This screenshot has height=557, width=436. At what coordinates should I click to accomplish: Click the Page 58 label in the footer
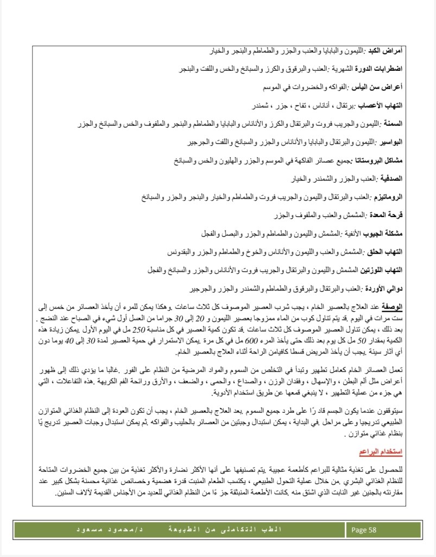(364, 529)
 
